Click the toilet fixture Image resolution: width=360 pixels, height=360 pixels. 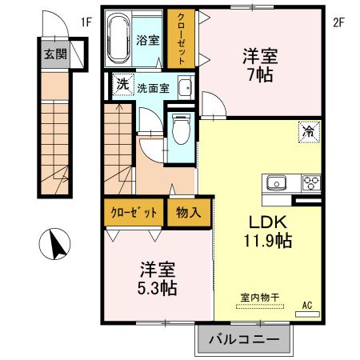[x=181, y=126]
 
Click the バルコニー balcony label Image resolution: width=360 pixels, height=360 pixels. [x=245, y=339]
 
